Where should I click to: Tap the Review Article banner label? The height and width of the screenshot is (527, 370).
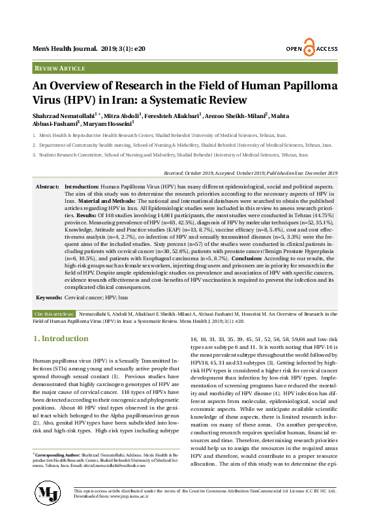[x=60, y=68]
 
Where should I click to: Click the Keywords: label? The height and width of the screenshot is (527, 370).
[x=49, y=297]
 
